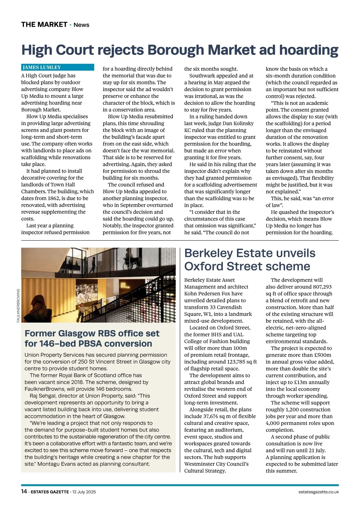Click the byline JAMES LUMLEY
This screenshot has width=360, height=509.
tap(42, 68)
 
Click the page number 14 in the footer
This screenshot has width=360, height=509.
tap(24, 492)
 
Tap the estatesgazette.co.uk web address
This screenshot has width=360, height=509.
tap(319, 492)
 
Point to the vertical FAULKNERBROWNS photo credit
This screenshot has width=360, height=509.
tap(18, 306)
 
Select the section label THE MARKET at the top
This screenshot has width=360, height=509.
tap(44, 25)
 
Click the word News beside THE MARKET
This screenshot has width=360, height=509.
tap(81, 25)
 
